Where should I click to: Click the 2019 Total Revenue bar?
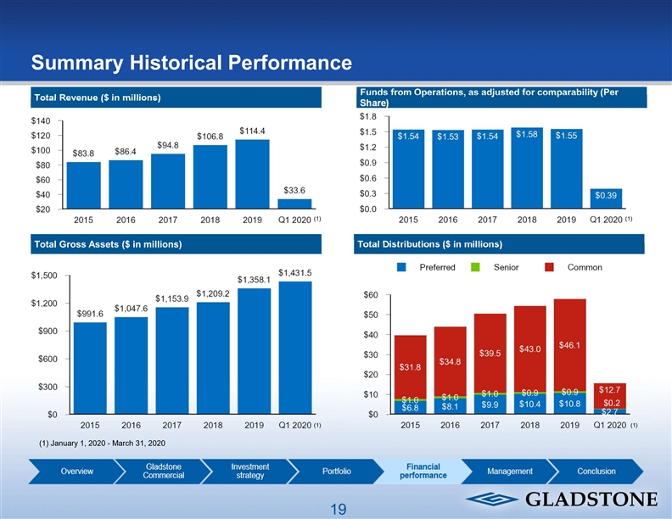point(252,174)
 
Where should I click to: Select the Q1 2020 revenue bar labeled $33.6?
point(294,204)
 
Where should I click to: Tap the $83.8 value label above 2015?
point(83,153)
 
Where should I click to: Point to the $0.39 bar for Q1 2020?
point(606,198)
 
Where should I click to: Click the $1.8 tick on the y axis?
point(367,116)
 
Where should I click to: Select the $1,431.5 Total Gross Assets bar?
point(294,348)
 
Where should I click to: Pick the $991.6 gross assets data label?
point(90,314)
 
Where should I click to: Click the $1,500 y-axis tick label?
point(44,276)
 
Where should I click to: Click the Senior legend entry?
point(499,267)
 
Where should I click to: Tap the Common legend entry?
point(577,267)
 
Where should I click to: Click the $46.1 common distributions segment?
point(569,345)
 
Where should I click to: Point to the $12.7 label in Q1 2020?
point(610,389)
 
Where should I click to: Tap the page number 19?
point(339,509)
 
